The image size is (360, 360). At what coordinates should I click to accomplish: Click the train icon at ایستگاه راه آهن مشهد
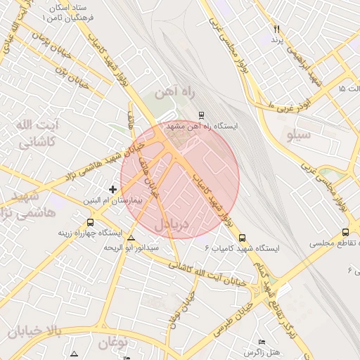[x=202, y=114]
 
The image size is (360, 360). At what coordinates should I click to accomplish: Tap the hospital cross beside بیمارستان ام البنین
[x=112, y=188]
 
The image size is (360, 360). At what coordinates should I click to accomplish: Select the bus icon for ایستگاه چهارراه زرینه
[x=90, y=222]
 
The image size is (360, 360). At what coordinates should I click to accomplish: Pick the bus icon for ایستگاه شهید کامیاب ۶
[x=243, y=238]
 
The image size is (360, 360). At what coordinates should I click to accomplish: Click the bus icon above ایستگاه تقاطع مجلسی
[x=345, y=232]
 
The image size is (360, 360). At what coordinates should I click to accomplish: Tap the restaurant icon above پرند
[x=276, y=30]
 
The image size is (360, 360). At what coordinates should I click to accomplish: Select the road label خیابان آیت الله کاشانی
[x=210, y=274]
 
